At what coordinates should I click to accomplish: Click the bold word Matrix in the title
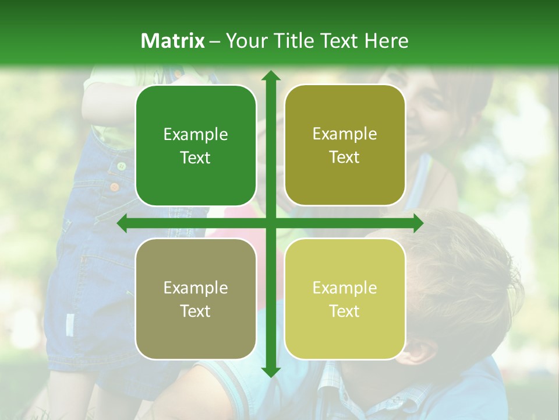(173, 41)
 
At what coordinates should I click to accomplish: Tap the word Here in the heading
(386, 41)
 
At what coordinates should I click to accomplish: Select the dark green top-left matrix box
(196, 146)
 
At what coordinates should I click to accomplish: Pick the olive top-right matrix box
(345, 145)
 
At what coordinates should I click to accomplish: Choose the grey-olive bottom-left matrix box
(196, 299)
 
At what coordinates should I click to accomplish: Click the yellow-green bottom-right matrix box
(345, 299)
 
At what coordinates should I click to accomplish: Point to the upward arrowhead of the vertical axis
(270, 76)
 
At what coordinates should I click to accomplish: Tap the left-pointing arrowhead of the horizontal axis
(122, 223)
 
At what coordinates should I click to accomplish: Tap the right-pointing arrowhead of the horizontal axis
(418, 223)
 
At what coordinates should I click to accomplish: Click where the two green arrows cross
(270, 223)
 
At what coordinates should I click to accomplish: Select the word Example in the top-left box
(196, 135)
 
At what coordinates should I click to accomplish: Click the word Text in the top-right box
(345, 157)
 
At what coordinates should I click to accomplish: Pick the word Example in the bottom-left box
(196, 288)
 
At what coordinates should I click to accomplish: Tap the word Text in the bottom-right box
(345, 311)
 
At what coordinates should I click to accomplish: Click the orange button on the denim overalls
(115, 187)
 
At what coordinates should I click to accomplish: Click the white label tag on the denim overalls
(70, 324)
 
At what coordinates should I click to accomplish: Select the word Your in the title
(243, 41)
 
